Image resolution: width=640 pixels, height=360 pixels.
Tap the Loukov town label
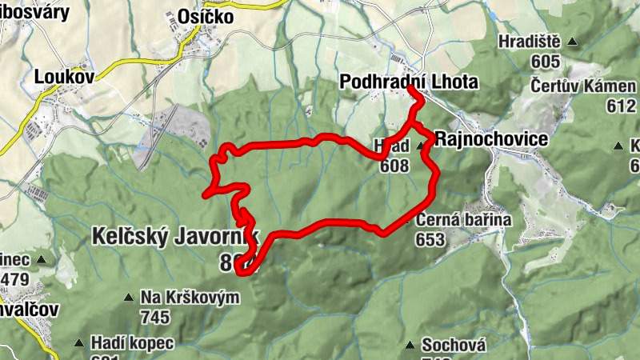point(65,77)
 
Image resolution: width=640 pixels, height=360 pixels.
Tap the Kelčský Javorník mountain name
point(176,237)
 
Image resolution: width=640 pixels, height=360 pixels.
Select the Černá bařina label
point(462,220)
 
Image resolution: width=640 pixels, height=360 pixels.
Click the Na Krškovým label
point(190,298)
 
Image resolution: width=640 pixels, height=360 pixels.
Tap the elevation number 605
point(543,62)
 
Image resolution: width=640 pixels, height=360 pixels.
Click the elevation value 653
point(430,239)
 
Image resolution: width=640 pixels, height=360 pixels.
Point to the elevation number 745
point(155,317)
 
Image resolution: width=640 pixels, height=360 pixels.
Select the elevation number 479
point(14,279)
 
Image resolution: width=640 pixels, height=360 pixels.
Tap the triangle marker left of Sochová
point(410,346)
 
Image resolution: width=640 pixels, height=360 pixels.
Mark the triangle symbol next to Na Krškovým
point(128,298)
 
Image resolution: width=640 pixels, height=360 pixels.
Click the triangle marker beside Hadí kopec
point(78,343)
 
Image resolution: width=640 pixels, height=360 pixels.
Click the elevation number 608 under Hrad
point(395,166)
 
